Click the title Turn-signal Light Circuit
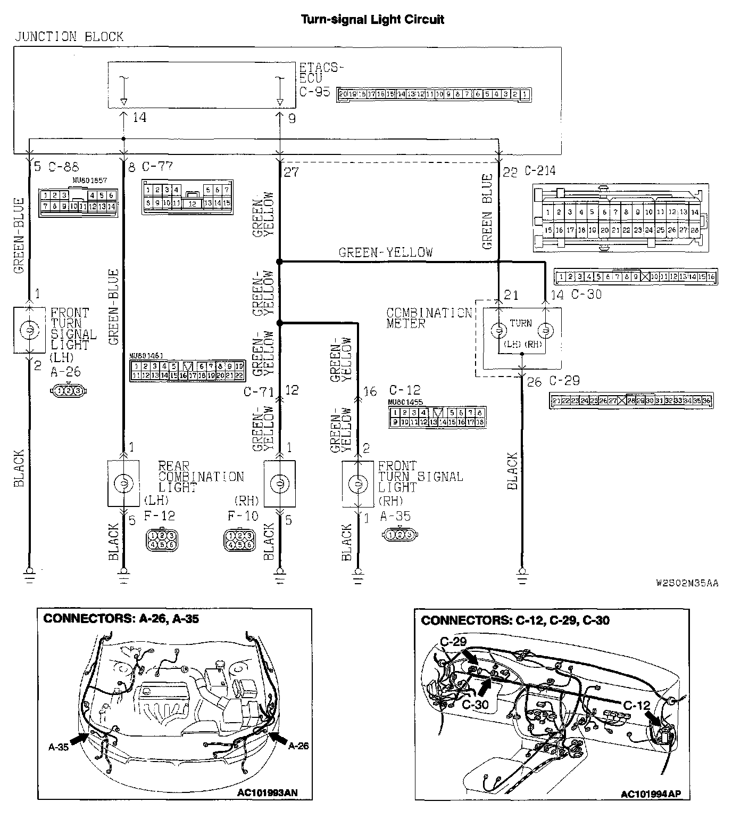click(x=372, y=20)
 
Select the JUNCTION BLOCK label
click(x=69, y=37)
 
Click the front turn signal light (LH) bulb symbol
click(x=29, y=331)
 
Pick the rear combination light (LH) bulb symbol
click(x=123, y=484)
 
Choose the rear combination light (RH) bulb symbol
click(x=280, y=484)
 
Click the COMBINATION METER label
click(x=429, y=317)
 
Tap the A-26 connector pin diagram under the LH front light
click(x=68, y=391)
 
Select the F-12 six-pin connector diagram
click(x=162, y=539)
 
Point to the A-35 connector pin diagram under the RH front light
click(x=399, y=534)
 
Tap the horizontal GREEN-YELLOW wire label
click(x=386, y=252)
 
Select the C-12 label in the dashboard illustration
click(x=637, y=705)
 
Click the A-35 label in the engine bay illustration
click(x=59, y=747)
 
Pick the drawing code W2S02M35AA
click(x=687, y=583)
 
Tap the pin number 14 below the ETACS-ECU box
click(x=139, y=118)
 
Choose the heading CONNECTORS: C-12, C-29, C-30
click(x=515, y=620)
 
